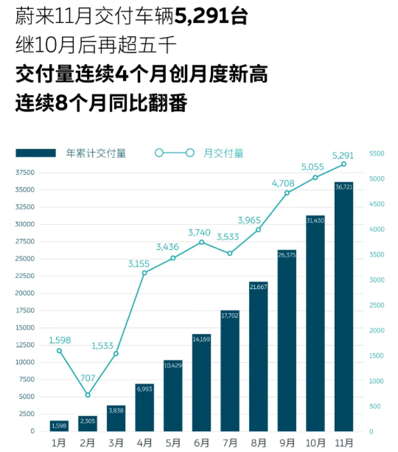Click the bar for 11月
coord(344,306)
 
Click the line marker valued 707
coord(88,394)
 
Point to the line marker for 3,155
coord(144,273)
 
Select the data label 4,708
coord(287,183)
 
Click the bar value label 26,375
coord(287,254)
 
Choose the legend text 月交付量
coord(223,153)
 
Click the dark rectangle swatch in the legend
coord(36,153)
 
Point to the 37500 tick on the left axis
coord(24,173)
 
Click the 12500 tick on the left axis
coord(24,345)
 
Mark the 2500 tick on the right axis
coord(377,305)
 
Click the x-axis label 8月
coord(259,442)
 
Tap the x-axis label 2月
coord(88,442)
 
